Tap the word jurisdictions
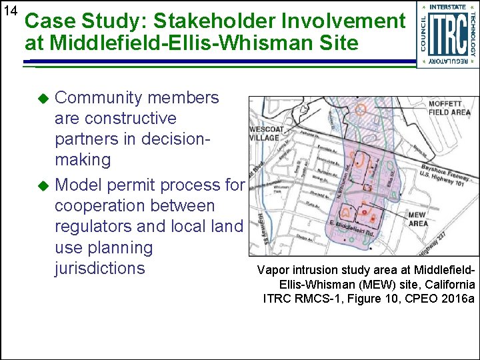click(99, 268)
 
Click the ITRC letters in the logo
click(447, 35)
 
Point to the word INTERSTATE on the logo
click(447, 7)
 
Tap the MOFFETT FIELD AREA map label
click(449, 109)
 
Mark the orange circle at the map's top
click(361, 109)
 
